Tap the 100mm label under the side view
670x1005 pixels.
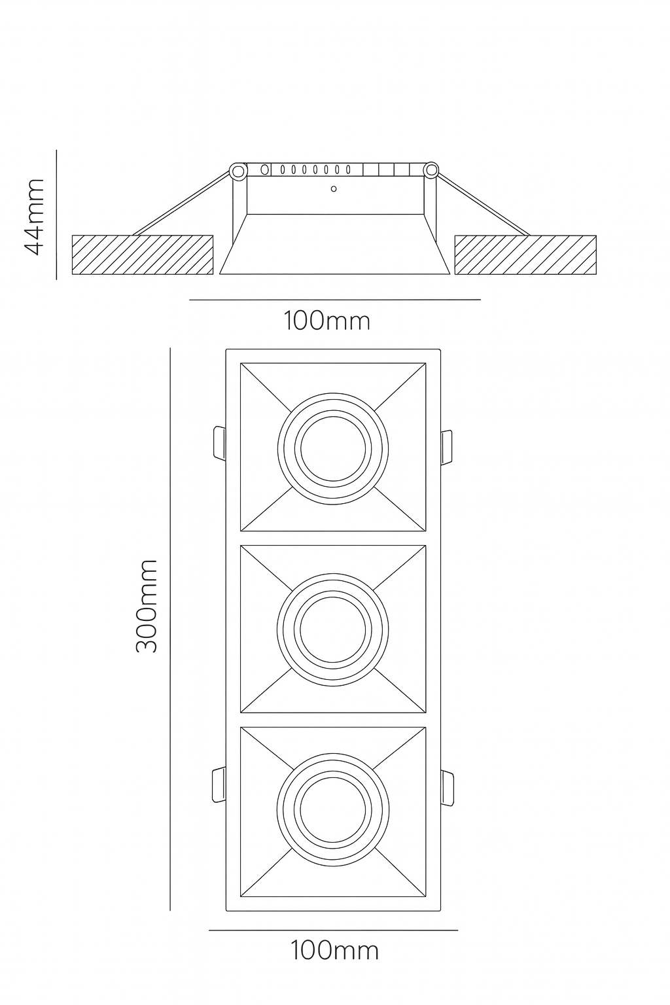tap(326, 321)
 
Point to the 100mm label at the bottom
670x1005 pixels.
tap(334, 950)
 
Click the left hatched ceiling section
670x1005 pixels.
tap(142, 255)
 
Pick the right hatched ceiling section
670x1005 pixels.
tap(525, 255)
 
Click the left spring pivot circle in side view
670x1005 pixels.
tap(238, 171)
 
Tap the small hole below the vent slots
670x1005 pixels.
tap(334, 189)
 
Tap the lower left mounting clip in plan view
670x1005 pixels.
tap(219, 784)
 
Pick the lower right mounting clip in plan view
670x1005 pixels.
tap(447, 788)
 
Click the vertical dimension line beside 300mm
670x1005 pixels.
tap(170, 628)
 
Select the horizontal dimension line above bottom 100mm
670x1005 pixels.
tap(333, 930)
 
